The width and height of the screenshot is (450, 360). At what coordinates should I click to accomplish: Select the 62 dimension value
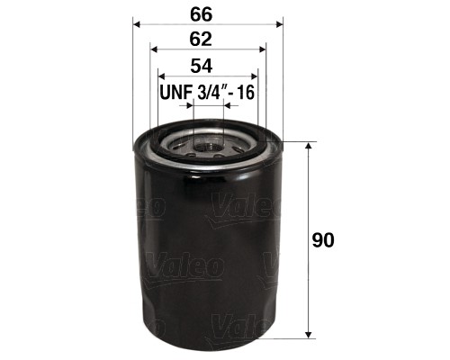point(207,39)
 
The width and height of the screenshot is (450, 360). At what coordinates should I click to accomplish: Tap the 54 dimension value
point(207,66)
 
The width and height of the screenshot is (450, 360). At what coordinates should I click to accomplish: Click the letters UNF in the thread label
point(176,93)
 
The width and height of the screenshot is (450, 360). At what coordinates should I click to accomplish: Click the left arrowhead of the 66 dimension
point(137,23)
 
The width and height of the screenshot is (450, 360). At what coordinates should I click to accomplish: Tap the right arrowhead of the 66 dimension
point(278,23)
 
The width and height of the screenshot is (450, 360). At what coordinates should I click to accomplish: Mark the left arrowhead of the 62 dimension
point(152,50)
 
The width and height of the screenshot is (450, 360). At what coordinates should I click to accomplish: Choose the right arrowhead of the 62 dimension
point(264,50)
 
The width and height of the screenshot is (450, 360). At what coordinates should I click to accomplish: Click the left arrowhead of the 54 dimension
point(162,77)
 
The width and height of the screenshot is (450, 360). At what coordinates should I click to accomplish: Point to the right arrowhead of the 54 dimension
point(254,77)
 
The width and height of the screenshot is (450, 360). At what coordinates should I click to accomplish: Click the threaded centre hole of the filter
point(208,141)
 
